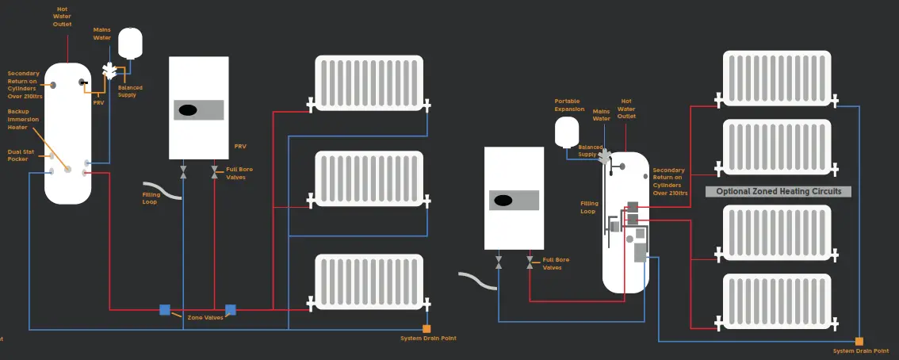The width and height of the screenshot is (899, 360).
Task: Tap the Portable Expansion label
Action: [x=567, y=105]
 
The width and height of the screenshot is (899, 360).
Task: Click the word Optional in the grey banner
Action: [x=736, y=192]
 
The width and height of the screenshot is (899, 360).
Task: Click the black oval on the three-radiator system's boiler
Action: [x=188, y=110]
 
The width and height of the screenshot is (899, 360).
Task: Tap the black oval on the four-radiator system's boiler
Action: [x=503, y=201]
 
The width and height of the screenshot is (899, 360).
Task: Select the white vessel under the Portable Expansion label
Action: [x=568, y=132]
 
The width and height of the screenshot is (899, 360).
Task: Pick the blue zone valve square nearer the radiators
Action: [x=231, y=310]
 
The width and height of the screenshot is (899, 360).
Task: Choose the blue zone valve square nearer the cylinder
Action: [x=165, y=310]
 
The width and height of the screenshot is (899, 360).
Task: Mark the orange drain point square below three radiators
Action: [x=427, y=328]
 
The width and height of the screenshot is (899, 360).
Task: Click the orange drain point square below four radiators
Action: [x=859, y=341]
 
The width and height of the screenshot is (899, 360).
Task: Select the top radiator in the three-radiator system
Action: [x=371, y=82]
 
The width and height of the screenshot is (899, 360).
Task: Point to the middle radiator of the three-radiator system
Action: [x=371, y=178]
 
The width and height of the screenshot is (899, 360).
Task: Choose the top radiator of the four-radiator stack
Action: [x=777, y=79]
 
